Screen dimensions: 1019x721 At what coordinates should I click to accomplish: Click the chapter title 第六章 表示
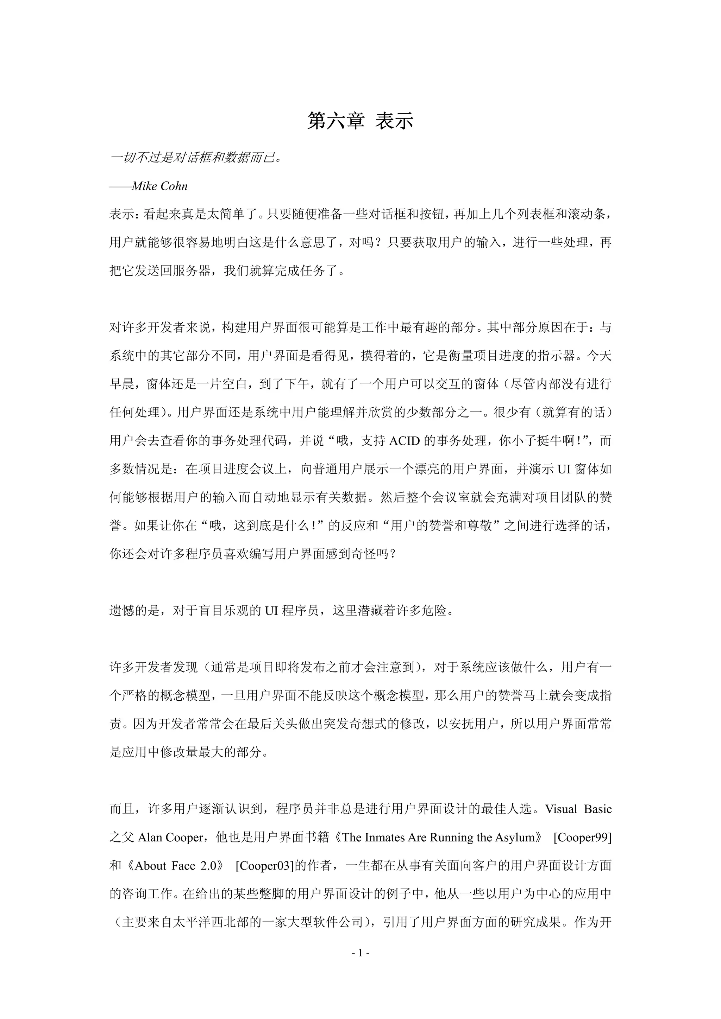(x=360, y=121)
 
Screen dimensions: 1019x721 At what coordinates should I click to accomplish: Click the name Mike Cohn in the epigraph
(x=159, y=186)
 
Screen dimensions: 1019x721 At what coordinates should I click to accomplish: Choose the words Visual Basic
(x=578, y=809)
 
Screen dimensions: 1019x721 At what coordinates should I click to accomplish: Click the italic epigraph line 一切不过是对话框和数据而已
(x=195, y=158)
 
